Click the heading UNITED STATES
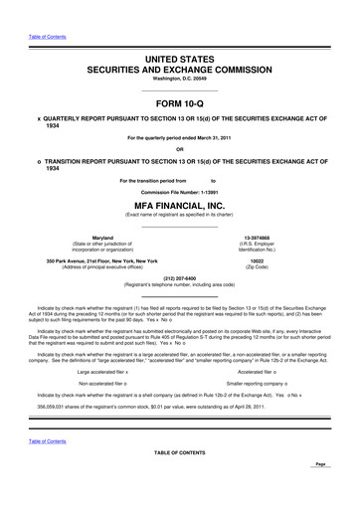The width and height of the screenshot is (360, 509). (x=179, y=61)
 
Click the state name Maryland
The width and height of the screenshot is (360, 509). (x=101, y=238)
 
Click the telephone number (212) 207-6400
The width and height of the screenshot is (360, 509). (x=179, y=278)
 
